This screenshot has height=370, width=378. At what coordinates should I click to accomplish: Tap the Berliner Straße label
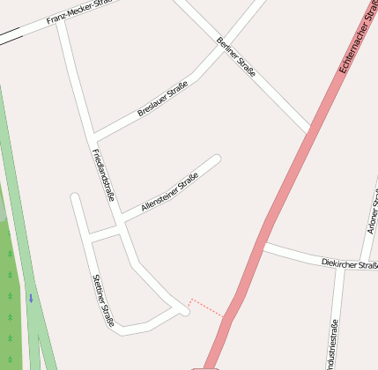tap(235, 57)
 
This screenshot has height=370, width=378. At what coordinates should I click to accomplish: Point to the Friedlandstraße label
tap(103, 174)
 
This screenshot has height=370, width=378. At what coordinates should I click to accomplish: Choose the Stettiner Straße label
tap(103, 300)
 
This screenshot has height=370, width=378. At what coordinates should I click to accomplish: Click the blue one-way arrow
tap(31, 298)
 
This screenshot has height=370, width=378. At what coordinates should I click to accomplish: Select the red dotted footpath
tap(207, 307)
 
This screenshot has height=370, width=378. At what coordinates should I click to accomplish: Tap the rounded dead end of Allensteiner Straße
tap(215, 159)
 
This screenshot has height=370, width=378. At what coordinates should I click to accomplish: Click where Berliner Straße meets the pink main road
tap(308, 132)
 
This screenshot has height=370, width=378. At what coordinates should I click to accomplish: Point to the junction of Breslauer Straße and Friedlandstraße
tap(93, 138)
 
